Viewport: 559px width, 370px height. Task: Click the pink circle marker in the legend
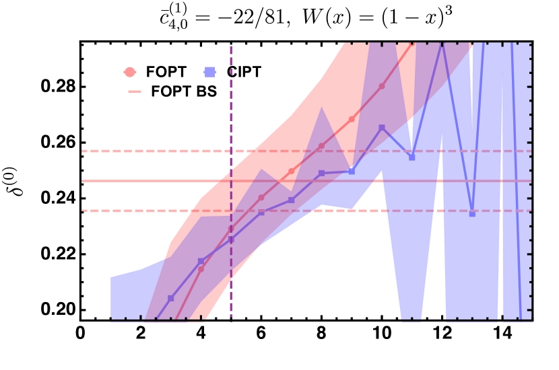pyautogui.click(x=129, y=72)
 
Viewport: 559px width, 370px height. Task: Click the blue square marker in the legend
pyautogui.click(x=209, y=72)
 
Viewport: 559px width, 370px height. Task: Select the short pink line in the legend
pyautogui.click(x=135, y=91)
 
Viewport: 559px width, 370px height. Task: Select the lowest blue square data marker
pyautogui.click(x=171, y=298)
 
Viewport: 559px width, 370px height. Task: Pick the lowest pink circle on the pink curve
pyautogui.click(x=201, y=269)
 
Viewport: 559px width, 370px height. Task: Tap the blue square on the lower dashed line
pyautogui.click(x=472, y=213)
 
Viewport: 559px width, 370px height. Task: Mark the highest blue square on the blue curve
pyautogui.click(x=382, y=127)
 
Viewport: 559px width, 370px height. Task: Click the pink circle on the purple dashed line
pyautogui.click(x=231, y=229)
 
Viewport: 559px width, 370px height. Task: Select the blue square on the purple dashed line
pyautogui.click(x=231, y=239)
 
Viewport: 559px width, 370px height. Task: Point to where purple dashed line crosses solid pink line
pyautogui.click(x=231, y=181)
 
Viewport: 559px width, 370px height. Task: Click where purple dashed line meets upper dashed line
pyautogui.click(x=231, y=151)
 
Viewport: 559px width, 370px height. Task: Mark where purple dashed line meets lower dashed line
pyautogui.click(x=231, y=211)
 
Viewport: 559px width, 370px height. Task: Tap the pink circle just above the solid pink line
pyautogui.click(x=291, y=171)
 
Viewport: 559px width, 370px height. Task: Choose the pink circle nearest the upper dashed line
pyautogui.click(x=321, y=145)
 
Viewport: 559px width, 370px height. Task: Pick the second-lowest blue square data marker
pyautogui.click(x=201, y=261)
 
